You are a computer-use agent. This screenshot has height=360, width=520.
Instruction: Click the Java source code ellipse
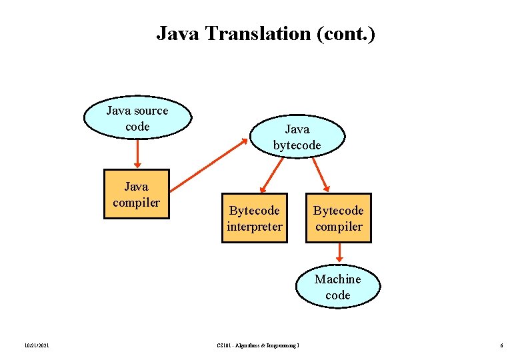point(137,119)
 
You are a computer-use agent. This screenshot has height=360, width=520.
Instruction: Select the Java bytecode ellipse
point(297,137)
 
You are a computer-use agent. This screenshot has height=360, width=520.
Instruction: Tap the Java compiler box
point(137,194)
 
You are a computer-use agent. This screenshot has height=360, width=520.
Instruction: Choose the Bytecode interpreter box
point(255,219)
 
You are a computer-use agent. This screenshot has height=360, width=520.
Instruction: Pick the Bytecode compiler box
point(338,219)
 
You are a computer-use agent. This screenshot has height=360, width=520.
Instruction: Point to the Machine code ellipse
point(337,287)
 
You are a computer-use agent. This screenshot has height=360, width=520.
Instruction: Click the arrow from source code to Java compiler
point(137,153)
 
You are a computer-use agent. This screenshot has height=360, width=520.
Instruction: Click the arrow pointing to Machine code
point(339,253)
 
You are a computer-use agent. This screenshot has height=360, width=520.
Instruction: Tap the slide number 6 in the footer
point(501,345)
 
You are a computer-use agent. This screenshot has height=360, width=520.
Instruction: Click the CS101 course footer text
point(259,345)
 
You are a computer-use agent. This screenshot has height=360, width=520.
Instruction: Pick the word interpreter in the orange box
point(255,227)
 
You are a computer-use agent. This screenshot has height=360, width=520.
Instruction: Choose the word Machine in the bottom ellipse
point(337,279)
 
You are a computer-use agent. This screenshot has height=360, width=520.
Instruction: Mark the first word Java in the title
point(175,33)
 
